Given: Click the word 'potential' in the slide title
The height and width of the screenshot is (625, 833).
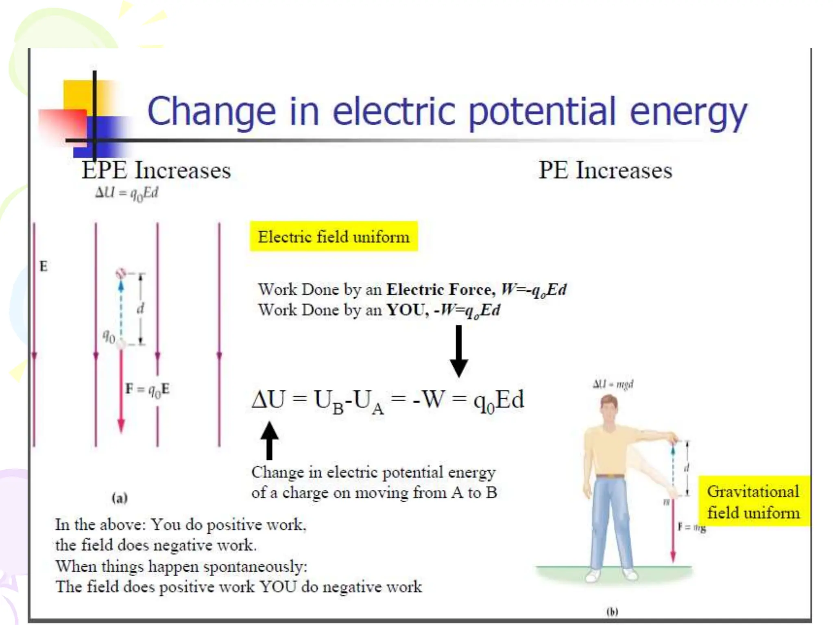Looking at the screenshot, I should (x=542, y=111).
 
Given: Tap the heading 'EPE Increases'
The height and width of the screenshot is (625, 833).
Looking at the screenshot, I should (x=156, y=170).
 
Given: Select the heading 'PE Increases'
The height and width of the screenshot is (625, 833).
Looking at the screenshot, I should (x=605, y=170).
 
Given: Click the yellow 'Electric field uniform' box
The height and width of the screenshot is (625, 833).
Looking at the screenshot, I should (x=334, y=236).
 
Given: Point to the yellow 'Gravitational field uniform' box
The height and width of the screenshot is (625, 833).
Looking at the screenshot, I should (x=753, y=502).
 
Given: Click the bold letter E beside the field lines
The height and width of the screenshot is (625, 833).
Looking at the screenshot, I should (x=44, y=267).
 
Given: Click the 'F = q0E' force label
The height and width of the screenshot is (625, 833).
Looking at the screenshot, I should (x=147, y=389).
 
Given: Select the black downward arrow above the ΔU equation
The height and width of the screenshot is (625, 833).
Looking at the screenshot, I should (x=458, y=351).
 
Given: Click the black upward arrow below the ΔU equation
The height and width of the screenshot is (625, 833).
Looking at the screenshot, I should (x=269, y=441).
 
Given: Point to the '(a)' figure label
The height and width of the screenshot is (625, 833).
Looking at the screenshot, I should (x=120, y=498).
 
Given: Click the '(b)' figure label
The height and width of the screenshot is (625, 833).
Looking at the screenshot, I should (x=612, y=612).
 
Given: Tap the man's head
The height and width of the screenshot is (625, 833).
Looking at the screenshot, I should (x=609, y=409).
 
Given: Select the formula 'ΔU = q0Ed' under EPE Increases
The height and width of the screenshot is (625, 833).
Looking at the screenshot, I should (x=126, y=193).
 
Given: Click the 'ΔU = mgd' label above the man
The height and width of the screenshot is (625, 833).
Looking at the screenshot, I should (x=613, y=384).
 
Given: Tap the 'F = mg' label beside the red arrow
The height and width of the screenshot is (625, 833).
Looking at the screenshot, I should (x=692, y=527).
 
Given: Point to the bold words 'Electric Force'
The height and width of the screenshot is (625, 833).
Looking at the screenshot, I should (x=440, y=290).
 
